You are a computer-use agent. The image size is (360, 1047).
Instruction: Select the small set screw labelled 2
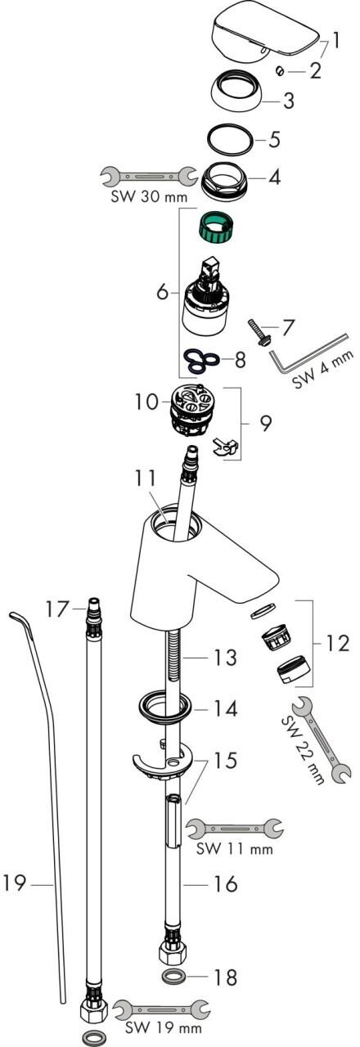click(280, 70)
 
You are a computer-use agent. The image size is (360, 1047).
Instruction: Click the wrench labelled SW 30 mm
click(149, 176)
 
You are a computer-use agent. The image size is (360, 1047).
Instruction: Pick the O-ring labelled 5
click(230, 139)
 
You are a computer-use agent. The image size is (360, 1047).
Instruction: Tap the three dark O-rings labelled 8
click(201, 362)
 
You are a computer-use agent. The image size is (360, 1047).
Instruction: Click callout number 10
click(146, 402)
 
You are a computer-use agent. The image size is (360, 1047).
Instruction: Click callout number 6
click(162, 292)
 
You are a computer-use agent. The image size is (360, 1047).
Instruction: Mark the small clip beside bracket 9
click(225, 447)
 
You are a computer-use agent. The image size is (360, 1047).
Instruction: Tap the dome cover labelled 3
click(236, 90)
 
